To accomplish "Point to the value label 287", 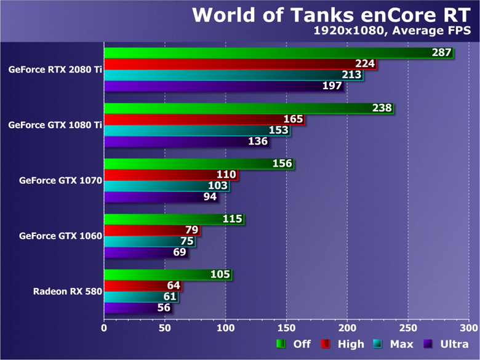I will (441, 53).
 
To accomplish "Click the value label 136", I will (258, 142).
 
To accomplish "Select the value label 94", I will (210, 197).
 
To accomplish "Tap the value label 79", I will (191, 230).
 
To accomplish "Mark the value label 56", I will (164, 308).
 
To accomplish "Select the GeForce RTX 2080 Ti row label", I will (55, 70).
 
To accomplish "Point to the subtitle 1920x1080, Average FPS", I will (396, 30).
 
